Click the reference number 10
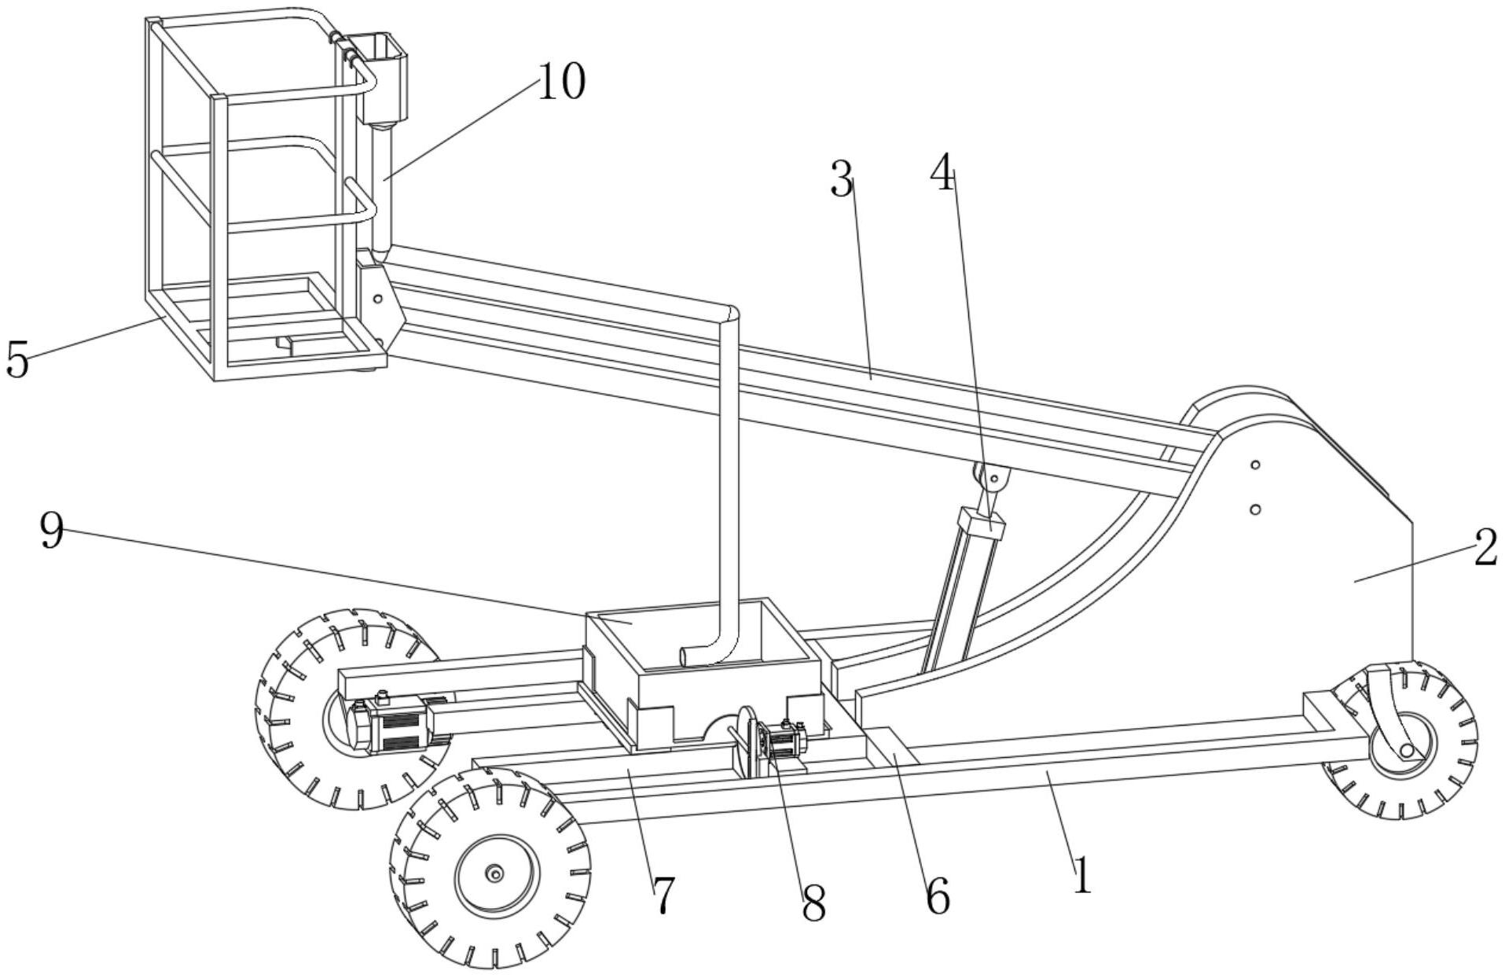[562, 82]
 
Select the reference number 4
[942, 174]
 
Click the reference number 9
[52, 532]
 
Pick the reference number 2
[1485, 548]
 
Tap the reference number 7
[663, 895]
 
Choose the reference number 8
[813, 904]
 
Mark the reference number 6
[938, 895]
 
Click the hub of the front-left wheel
[494, 874]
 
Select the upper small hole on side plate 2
[1256, 465]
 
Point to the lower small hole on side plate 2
[1256, 509]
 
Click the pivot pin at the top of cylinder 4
[993, 476]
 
